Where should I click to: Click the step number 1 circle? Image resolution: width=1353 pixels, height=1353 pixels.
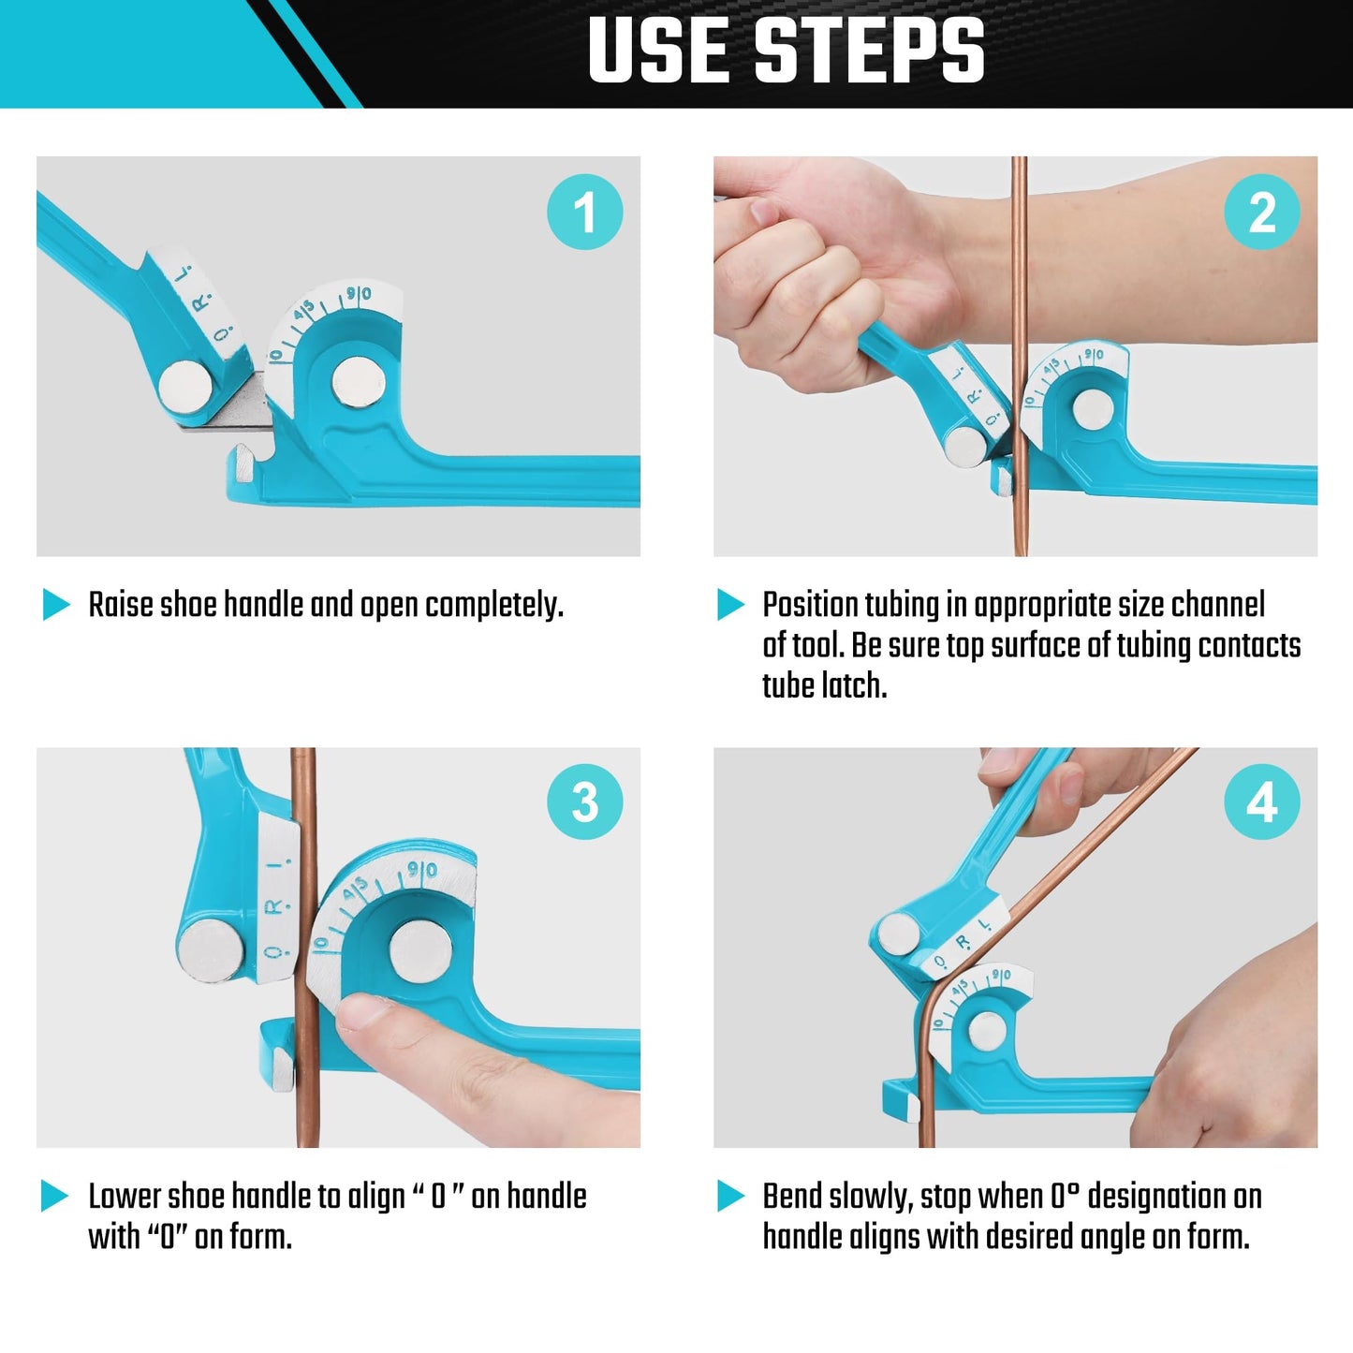(584, 212)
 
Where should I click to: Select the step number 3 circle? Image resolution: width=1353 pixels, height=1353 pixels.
(584, 802)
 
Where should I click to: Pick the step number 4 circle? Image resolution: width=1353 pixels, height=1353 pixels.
(1261, 802)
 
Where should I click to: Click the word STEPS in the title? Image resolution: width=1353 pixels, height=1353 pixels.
(868, 51)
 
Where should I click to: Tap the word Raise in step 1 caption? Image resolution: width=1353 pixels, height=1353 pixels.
(121, 606)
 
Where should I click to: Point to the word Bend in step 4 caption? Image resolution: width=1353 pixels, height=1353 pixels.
(793, 1197)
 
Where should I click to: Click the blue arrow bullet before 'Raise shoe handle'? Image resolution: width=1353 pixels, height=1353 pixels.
(56, 605)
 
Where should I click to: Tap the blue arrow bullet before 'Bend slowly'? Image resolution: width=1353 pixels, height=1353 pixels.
(730, 1196)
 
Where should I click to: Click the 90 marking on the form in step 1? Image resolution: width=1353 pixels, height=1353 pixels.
(359, 294)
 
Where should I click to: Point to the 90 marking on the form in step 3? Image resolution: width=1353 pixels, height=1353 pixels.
(421, 871)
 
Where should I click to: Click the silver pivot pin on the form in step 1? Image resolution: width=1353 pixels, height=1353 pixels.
(357, 382)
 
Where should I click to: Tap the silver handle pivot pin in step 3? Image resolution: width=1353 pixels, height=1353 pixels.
(212, 950)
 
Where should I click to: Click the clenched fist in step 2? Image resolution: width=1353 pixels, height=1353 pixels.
(796, 281)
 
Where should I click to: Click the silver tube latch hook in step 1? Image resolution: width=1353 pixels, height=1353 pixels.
(244, 465)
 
